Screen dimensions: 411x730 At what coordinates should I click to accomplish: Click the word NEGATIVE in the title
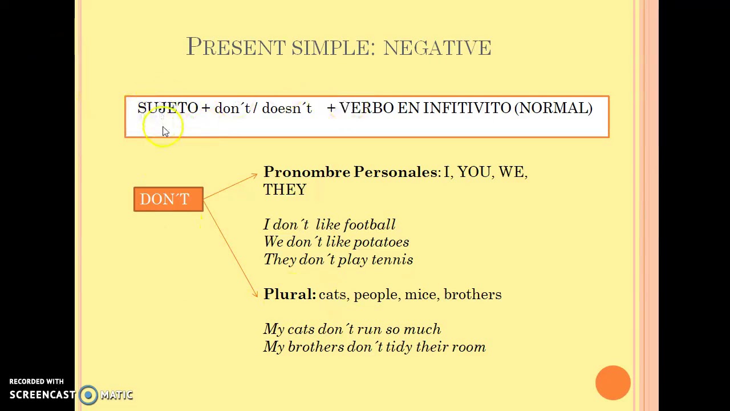pos(437,48)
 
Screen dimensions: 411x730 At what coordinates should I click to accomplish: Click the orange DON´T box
pos(168,199)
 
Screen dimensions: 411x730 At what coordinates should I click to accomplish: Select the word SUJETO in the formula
pos(167,108)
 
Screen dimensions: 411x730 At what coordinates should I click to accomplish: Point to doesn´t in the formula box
pos(287,108)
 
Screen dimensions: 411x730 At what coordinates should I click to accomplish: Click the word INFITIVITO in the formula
pos(467,108)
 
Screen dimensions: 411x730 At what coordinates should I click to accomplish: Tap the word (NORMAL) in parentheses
pos(553,108)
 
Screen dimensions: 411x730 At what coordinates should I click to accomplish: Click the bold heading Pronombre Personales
pos(350,172)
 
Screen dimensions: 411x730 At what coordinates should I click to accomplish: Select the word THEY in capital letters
pos(285,190)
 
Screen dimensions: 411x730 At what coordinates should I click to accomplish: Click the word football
pos(370,225)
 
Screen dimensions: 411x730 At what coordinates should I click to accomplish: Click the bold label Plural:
pos(289,295)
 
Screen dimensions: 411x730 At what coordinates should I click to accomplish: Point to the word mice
pos(420,295)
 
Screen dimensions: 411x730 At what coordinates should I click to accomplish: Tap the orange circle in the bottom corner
pos(613,382)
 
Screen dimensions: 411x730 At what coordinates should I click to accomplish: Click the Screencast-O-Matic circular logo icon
pos(88,395)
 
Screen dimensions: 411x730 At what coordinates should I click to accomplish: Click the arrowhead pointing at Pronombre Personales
pos(254,176)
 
